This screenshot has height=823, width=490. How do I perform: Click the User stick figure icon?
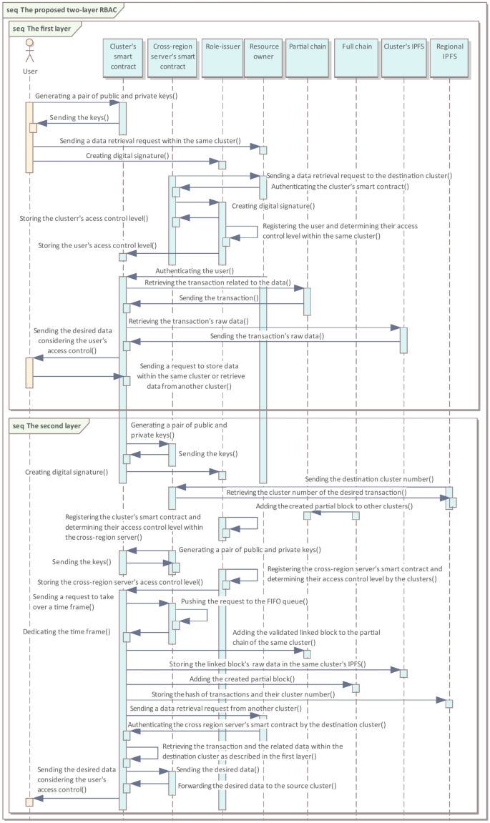click(29, 52)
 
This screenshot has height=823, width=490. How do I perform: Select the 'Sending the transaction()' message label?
click(218, 297)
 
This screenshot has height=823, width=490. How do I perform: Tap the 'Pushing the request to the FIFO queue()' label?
click(244, 601)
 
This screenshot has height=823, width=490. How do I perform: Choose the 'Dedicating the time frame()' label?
click(67, 631)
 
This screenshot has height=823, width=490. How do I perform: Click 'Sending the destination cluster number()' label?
click(369, 478)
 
